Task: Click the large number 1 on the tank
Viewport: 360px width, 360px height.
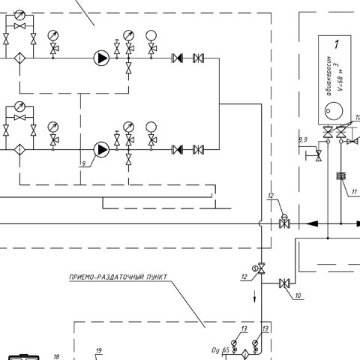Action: pos(337,44)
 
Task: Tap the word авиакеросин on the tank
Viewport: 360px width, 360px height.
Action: pos(329,76)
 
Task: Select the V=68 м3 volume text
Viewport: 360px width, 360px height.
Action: pos(340,76)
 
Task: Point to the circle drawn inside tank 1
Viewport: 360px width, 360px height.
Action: pos(334,110)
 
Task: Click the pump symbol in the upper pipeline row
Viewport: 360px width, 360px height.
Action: pos(101,58)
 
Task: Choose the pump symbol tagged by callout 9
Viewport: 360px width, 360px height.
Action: pos(101,149)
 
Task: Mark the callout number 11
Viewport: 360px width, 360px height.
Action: pos(354,192)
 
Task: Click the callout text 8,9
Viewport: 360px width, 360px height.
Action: pos(303,140)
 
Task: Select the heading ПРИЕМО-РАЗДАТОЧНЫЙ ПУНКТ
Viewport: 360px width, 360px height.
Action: pos(118,277)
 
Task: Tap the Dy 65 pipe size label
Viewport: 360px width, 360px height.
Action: pos(220,350)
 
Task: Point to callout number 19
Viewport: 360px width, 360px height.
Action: pos(99,351)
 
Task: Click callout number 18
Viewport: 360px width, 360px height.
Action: pos(56,357)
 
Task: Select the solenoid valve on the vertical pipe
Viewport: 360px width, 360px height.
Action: pos(259,269)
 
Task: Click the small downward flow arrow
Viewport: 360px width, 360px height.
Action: pos(255,296)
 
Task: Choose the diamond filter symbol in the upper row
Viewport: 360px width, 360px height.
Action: pos(19,58)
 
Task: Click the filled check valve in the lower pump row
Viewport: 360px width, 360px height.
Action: pos(178,149)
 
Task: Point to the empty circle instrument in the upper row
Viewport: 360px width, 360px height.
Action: pos(151,35)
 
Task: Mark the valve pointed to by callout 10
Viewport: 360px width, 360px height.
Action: pos(284,283)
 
